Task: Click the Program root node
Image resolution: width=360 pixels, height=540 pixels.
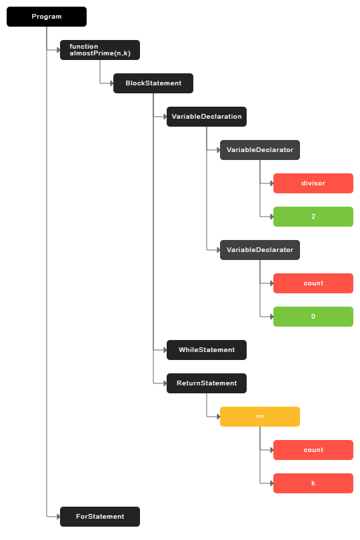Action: (x=47, y=17)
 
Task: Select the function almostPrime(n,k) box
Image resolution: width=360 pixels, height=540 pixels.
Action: (x=100, y=50)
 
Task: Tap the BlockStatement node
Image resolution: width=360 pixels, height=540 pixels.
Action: (x=153, y=83)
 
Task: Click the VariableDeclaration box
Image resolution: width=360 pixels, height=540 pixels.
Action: (x=207, y=117)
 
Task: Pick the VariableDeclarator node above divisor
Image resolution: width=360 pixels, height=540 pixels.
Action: (x=260, y=150)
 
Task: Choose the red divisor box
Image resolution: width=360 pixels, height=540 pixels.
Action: (x=313, y=183)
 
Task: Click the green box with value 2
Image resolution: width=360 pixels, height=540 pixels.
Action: (x=313, y=217)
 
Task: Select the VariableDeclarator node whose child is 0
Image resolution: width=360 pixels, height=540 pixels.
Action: (x=260, y=250)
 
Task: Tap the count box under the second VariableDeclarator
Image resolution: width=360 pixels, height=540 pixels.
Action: (x=313, y=283)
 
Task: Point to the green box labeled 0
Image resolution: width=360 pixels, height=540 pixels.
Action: (x=313, y=317)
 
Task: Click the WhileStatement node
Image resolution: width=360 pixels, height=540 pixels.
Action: (x=207, y=350)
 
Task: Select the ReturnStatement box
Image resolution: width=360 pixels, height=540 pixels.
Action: (x=207, y=383)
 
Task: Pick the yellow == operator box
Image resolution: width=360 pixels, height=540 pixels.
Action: (x=260, y=417)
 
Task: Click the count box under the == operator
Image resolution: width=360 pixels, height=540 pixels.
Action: (x=313, y=450)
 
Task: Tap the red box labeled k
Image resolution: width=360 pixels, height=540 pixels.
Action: (x=313, y=483)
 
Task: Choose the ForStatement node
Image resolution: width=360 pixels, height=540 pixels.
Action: (x=100, y=517)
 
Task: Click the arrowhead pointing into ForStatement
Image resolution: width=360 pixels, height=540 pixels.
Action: (x=58, y=517)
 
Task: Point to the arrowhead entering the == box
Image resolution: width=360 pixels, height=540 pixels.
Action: (x=219, y=417)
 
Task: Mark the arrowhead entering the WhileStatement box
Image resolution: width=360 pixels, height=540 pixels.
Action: (x=165, y=350)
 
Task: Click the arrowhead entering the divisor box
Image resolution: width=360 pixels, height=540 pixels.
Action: (x=272, y=183)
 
